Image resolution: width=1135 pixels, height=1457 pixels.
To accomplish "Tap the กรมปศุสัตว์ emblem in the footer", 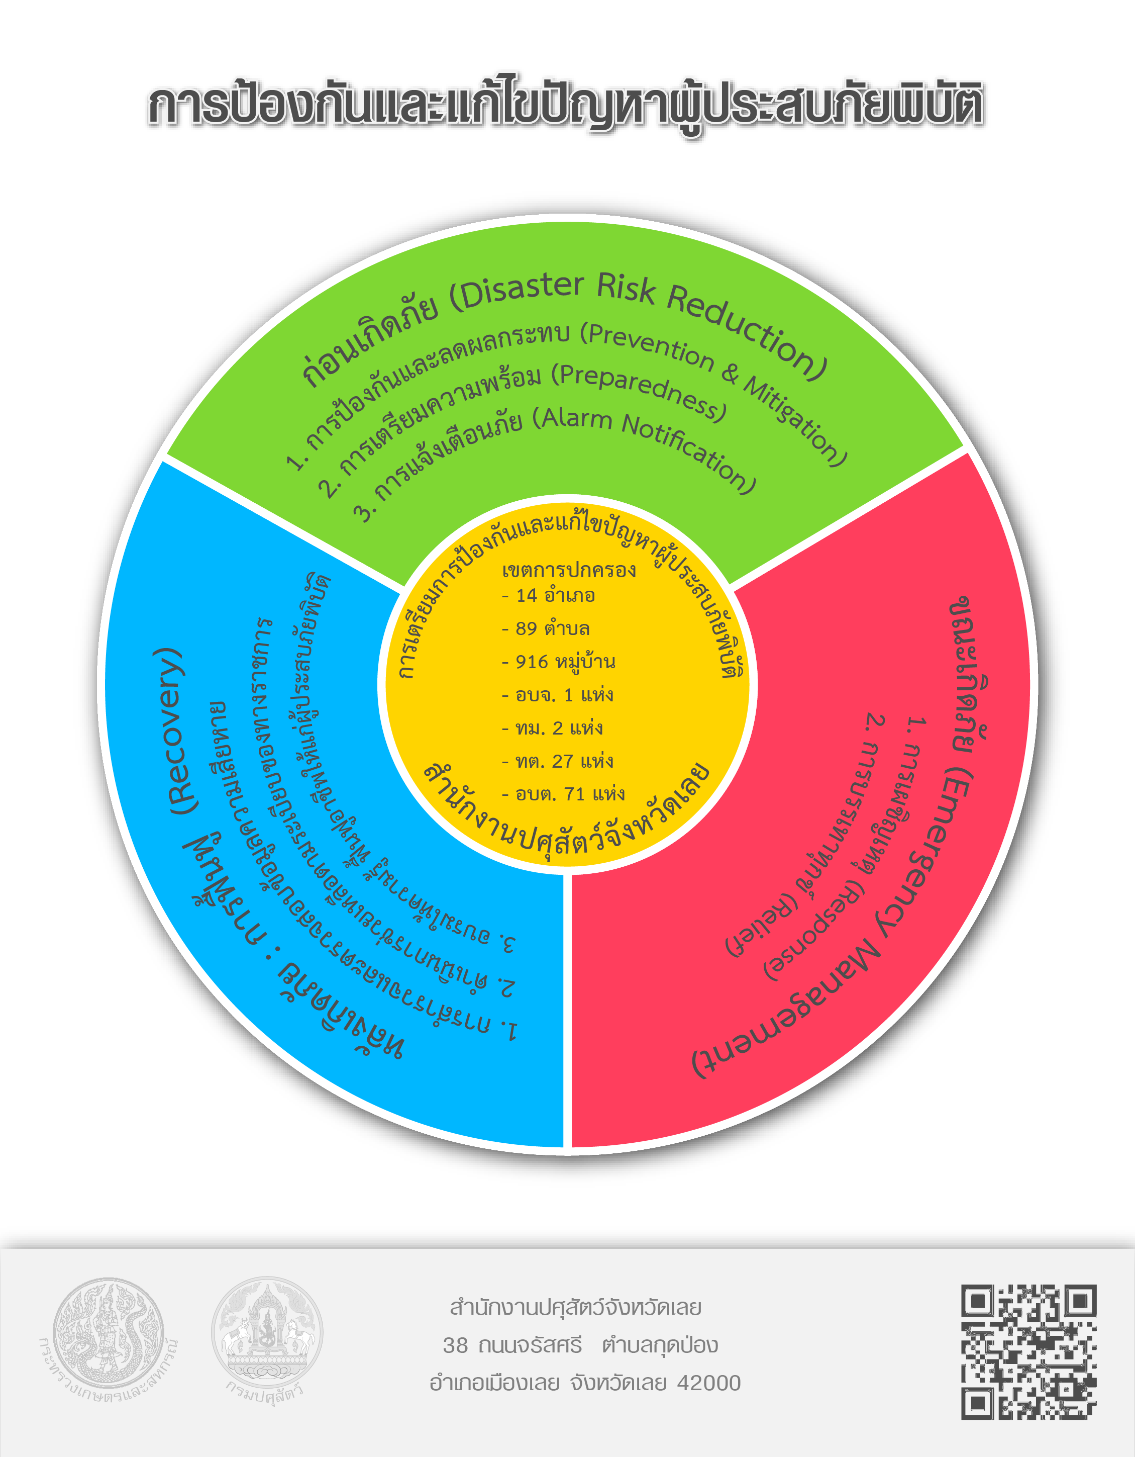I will coord(267,1334).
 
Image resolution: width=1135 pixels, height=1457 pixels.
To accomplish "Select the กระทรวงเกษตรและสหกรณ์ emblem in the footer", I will coord(108,1334).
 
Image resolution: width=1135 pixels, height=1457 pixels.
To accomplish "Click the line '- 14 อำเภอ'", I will coord(549,595).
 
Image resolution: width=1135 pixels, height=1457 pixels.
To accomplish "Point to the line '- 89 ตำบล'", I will coord(546,628).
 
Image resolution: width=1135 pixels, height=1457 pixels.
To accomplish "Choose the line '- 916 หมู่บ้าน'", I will coord(559,662).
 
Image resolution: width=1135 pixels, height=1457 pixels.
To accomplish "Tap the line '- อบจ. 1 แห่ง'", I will coord(558,695).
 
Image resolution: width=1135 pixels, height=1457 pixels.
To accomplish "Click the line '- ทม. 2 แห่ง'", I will coord(553,728).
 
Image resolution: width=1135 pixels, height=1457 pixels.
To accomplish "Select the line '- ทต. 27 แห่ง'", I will coord(558,761).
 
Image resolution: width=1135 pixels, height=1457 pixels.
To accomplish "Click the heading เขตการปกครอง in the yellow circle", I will coord(569,571).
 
